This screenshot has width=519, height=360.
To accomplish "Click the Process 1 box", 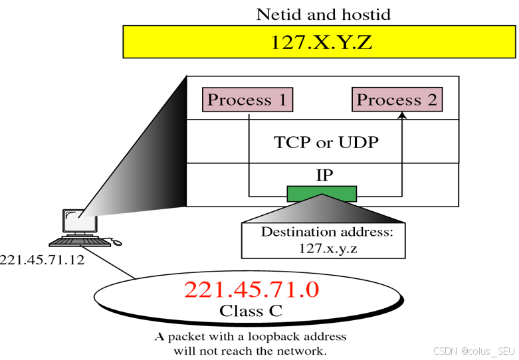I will (x=247, y=100).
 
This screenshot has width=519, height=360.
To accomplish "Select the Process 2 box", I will (x=397, y=100).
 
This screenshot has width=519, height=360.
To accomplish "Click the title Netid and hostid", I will (x=324, y=14).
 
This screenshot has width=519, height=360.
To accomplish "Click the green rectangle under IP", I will (x=322, y=193).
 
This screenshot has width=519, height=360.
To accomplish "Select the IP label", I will (x=325, y=175).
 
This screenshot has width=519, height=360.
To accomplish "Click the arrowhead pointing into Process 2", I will (x=401, y=116).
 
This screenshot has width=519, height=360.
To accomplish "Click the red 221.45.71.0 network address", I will (x=251, y=290).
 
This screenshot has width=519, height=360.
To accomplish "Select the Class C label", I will (x=251, y=311).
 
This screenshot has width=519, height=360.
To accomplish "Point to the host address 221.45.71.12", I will (x=43, y=260).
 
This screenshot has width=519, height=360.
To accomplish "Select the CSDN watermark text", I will (x=472, y=350).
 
